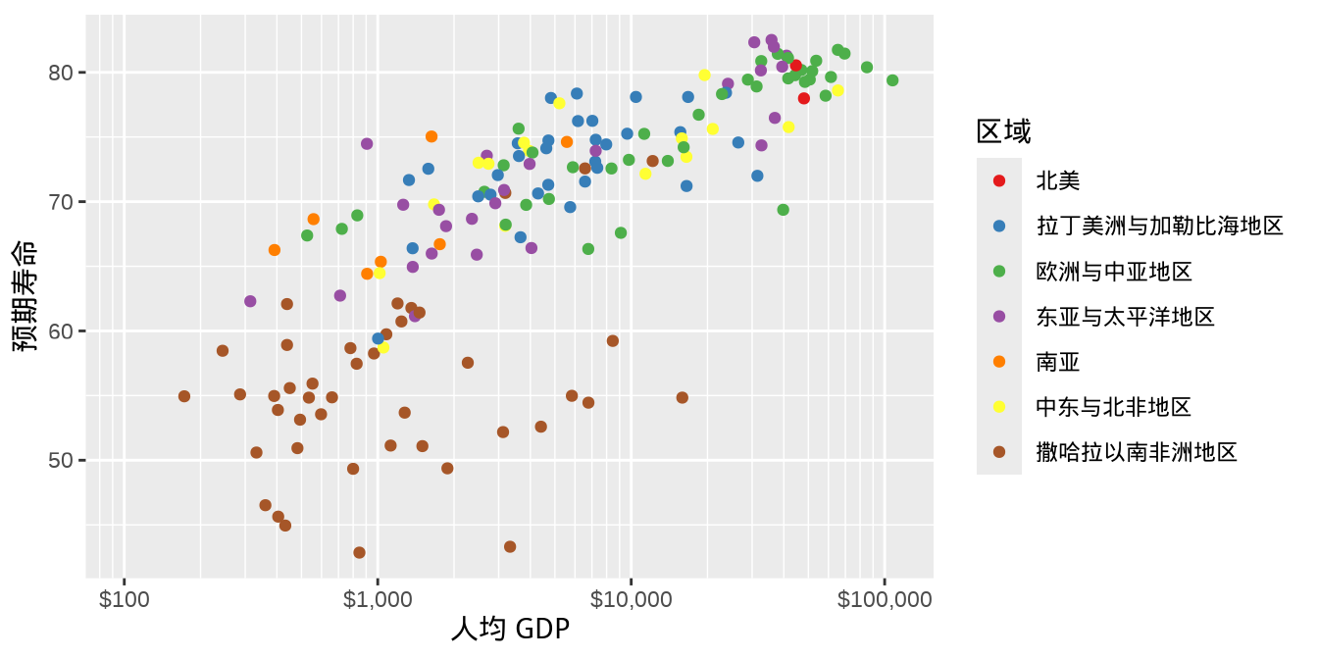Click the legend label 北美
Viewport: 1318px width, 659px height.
(1058, 180)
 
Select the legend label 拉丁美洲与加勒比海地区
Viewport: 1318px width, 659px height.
(1159, 226)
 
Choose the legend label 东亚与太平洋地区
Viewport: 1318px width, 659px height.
(1125, 316)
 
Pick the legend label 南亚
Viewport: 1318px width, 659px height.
(1058, 362)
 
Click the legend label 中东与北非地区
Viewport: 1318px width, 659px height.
(1113, 407)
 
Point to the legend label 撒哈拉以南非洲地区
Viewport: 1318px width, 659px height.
(1137, 452)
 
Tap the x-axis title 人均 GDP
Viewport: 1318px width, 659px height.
(510, 629)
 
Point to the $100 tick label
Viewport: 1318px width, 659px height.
(125, 599)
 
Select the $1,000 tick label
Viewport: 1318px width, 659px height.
(378, 599)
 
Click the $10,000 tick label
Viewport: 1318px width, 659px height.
(631, 599)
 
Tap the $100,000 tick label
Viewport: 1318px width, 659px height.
(885, 599)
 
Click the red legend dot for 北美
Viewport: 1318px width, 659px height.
(999, 180)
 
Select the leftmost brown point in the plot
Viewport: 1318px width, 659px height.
(184, 396)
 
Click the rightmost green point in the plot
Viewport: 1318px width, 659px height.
(892, 80)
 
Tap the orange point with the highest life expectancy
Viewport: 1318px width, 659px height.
(431, 136)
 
